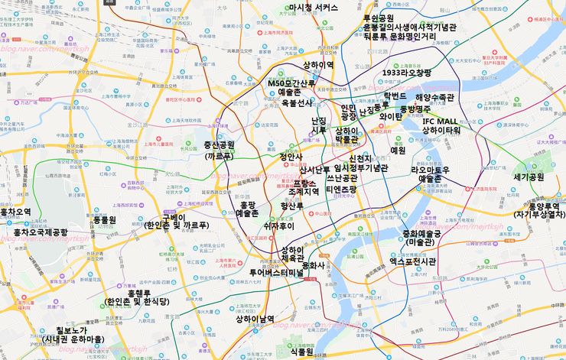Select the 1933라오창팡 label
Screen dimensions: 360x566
pos(407,73)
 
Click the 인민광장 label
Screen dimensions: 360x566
pos(349,112)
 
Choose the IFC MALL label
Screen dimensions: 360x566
pos(440,121)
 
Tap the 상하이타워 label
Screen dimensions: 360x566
pos(441,131)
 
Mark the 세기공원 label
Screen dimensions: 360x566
pos(529,177)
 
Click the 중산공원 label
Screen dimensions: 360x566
pos(219,144)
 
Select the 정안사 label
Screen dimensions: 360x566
pos(291,157)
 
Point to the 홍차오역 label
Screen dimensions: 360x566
pos(15,212)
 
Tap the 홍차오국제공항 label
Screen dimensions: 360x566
pos(41,232)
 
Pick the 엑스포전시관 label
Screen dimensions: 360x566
pos(412,261)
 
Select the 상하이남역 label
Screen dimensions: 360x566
pos(255,319)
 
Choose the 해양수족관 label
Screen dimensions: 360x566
pos(434,98)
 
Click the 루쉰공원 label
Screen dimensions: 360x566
pos(378,18)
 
